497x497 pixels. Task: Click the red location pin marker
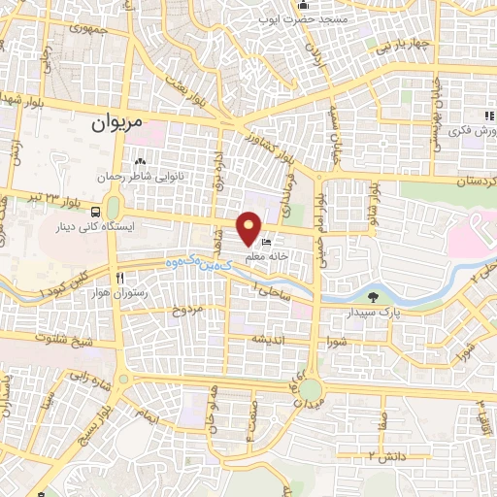250,229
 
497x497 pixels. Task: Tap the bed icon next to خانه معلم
267,241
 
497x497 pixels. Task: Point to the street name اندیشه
269,339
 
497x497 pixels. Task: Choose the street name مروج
188,311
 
